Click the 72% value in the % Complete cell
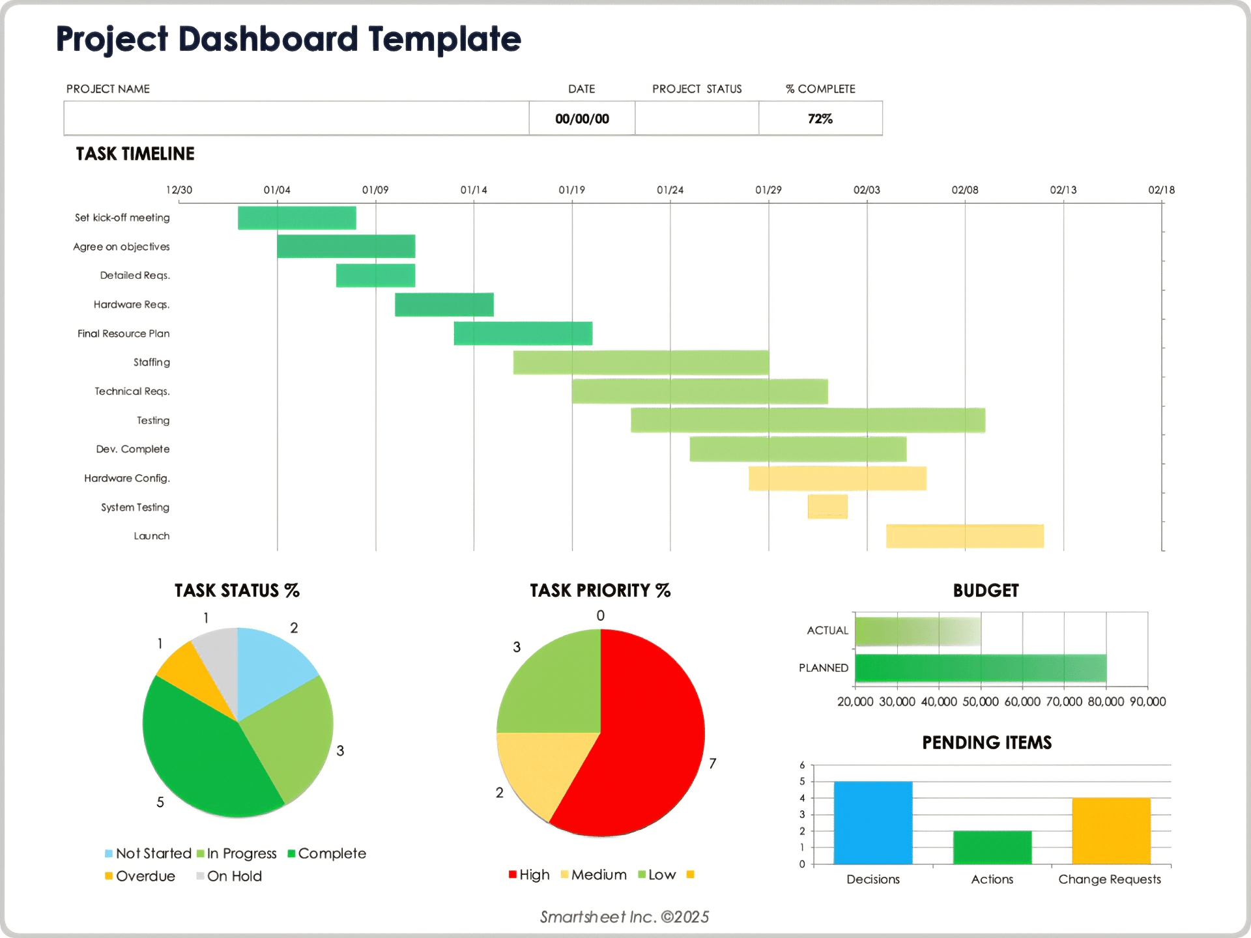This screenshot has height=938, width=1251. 820,119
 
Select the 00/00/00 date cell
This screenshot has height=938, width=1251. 582,119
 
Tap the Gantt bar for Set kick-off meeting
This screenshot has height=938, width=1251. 296,218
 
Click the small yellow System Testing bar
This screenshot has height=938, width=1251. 827,506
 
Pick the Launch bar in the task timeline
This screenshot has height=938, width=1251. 964,535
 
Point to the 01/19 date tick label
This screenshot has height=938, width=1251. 571,190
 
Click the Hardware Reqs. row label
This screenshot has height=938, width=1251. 131,304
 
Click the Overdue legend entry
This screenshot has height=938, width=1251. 140,876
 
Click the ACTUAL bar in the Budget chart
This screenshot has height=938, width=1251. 917,631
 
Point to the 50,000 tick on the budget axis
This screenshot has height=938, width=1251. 980,702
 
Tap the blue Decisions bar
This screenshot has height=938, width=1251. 872,822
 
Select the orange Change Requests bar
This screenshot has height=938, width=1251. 1111,831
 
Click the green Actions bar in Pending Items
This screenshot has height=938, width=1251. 992,847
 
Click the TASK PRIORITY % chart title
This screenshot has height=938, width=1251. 599,590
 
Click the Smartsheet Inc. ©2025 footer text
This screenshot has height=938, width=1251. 624,917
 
